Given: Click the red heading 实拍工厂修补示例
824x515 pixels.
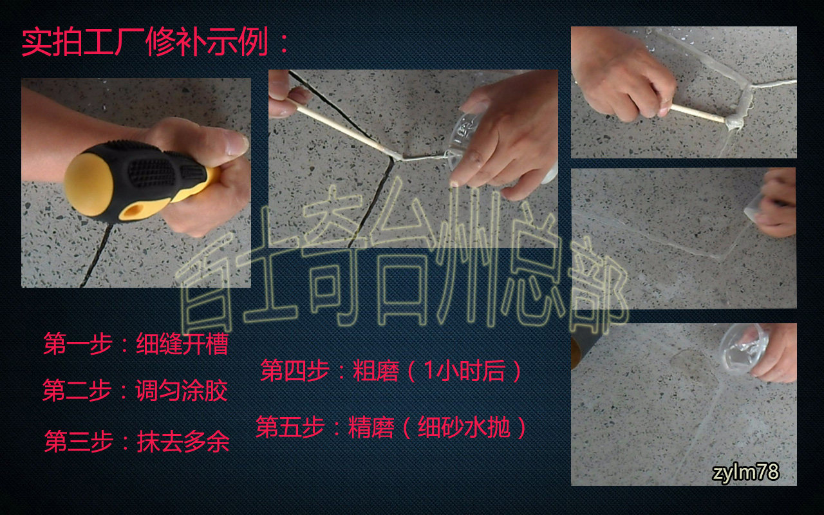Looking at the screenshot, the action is point(145,42).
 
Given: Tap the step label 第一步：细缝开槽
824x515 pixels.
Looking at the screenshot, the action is point(136,344).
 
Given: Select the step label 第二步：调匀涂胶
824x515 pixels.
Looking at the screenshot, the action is point(135,390).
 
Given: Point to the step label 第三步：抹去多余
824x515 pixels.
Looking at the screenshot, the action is point(137,441).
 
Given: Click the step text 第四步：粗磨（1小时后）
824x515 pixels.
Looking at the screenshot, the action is point(391,370).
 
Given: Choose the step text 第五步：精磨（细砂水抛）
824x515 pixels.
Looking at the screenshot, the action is point(391,427).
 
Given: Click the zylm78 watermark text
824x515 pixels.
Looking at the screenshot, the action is point(745,472).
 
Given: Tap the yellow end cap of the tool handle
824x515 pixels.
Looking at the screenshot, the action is point(88,184).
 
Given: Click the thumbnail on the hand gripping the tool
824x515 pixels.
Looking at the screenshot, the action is point(236,145).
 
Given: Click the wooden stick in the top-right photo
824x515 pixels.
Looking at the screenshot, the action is point(698,113).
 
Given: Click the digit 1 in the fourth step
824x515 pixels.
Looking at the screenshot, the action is point(429,370).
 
